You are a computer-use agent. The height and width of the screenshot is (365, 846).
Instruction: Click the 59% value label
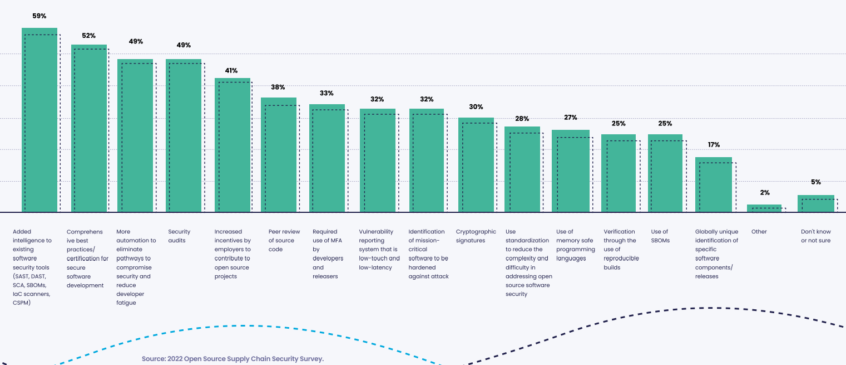39,16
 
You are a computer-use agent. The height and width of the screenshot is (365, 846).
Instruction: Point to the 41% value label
231,71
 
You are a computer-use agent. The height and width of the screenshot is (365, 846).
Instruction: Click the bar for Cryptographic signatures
476,165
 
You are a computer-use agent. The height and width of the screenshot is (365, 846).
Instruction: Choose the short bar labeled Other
764,208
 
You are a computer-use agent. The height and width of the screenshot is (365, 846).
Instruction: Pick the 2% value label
765,193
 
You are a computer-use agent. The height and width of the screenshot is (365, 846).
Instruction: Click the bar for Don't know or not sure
816,204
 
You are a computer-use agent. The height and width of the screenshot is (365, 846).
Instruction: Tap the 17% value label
714,145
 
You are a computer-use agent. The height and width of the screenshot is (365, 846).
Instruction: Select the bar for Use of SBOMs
665,173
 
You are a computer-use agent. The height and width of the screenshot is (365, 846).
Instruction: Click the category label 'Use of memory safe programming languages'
575,245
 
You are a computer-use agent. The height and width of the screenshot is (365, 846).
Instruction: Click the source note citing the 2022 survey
232,359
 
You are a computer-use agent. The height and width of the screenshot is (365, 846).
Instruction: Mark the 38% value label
278,87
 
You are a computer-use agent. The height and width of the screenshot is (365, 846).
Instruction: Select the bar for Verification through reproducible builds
619,173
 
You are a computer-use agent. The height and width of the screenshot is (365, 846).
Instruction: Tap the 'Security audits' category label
179,236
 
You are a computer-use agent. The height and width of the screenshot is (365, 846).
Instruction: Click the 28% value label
522,119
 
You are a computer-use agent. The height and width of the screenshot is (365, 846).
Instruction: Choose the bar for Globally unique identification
714,185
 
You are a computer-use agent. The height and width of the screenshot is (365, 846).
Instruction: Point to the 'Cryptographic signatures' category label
476,236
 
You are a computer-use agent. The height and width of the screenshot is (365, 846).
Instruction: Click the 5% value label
816,182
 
